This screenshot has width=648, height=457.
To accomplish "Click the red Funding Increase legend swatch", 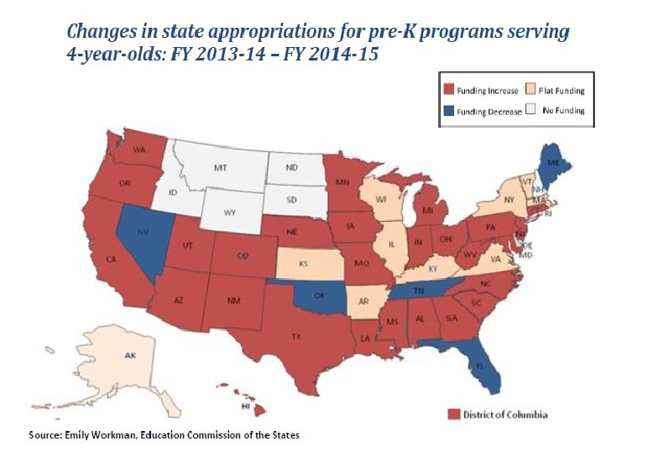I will coord(449,90).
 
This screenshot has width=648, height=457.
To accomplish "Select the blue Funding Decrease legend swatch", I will coord(449,110).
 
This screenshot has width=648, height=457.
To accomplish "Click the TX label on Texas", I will coord(296,335).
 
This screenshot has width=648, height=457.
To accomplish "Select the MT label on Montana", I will coord(221,168).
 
